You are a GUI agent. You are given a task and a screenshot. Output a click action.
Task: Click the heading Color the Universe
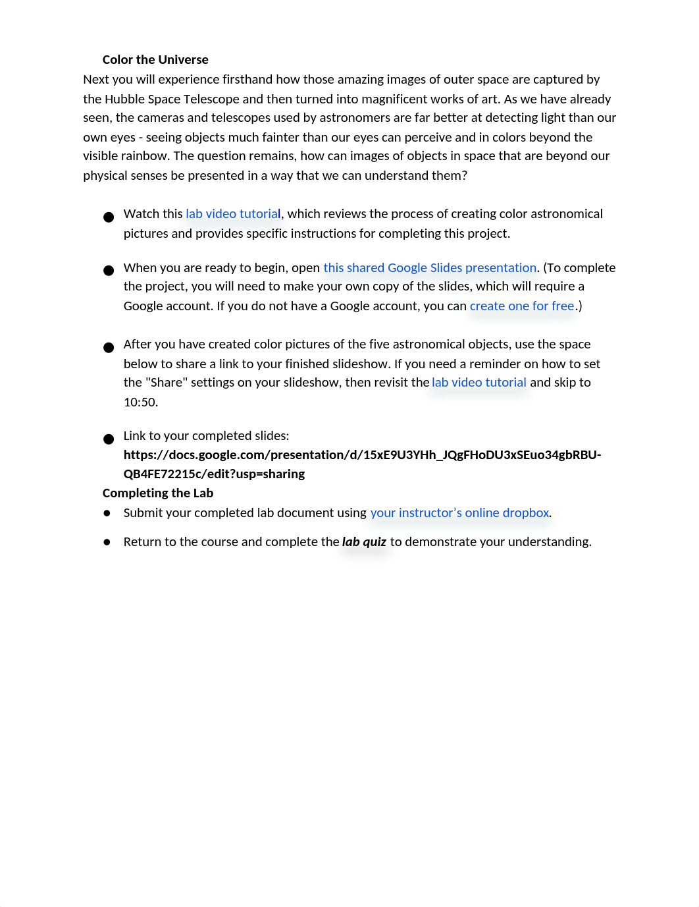[x=155, y=60]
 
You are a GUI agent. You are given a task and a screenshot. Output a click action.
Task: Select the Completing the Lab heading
[x=158, y=493]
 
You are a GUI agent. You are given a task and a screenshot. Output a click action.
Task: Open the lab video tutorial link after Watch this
[x=233, y=214]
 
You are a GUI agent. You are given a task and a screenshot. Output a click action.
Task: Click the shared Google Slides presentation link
[x=430, y=268]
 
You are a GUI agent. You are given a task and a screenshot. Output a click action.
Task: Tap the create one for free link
[x=522, y=306]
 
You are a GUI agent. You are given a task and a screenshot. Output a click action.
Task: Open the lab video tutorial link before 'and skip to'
[x=479, y=383]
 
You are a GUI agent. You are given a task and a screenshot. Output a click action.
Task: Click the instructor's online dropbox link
[x=459, y=513]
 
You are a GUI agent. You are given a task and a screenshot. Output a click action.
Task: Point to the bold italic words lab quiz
[x=364, y=542]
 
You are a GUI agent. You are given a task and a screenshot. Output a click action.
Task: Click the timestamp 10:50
[x=140, y=402]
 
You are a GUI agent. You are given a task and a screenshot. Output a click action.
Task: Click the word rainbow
[x=149, y=156]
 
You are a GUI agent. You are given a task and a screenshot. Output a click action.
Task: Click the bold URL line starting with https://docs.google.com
[x=362, y=455]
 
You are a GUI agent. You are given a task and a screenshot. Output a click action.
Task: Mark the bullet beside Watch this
[x=109, y=217]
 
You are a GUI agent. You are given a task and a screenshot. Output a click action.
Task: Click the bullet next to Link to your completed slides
[x=109, y=439]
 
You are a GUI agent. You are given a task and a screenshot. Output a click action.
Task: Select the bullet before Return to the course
[x=107, y=542]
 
